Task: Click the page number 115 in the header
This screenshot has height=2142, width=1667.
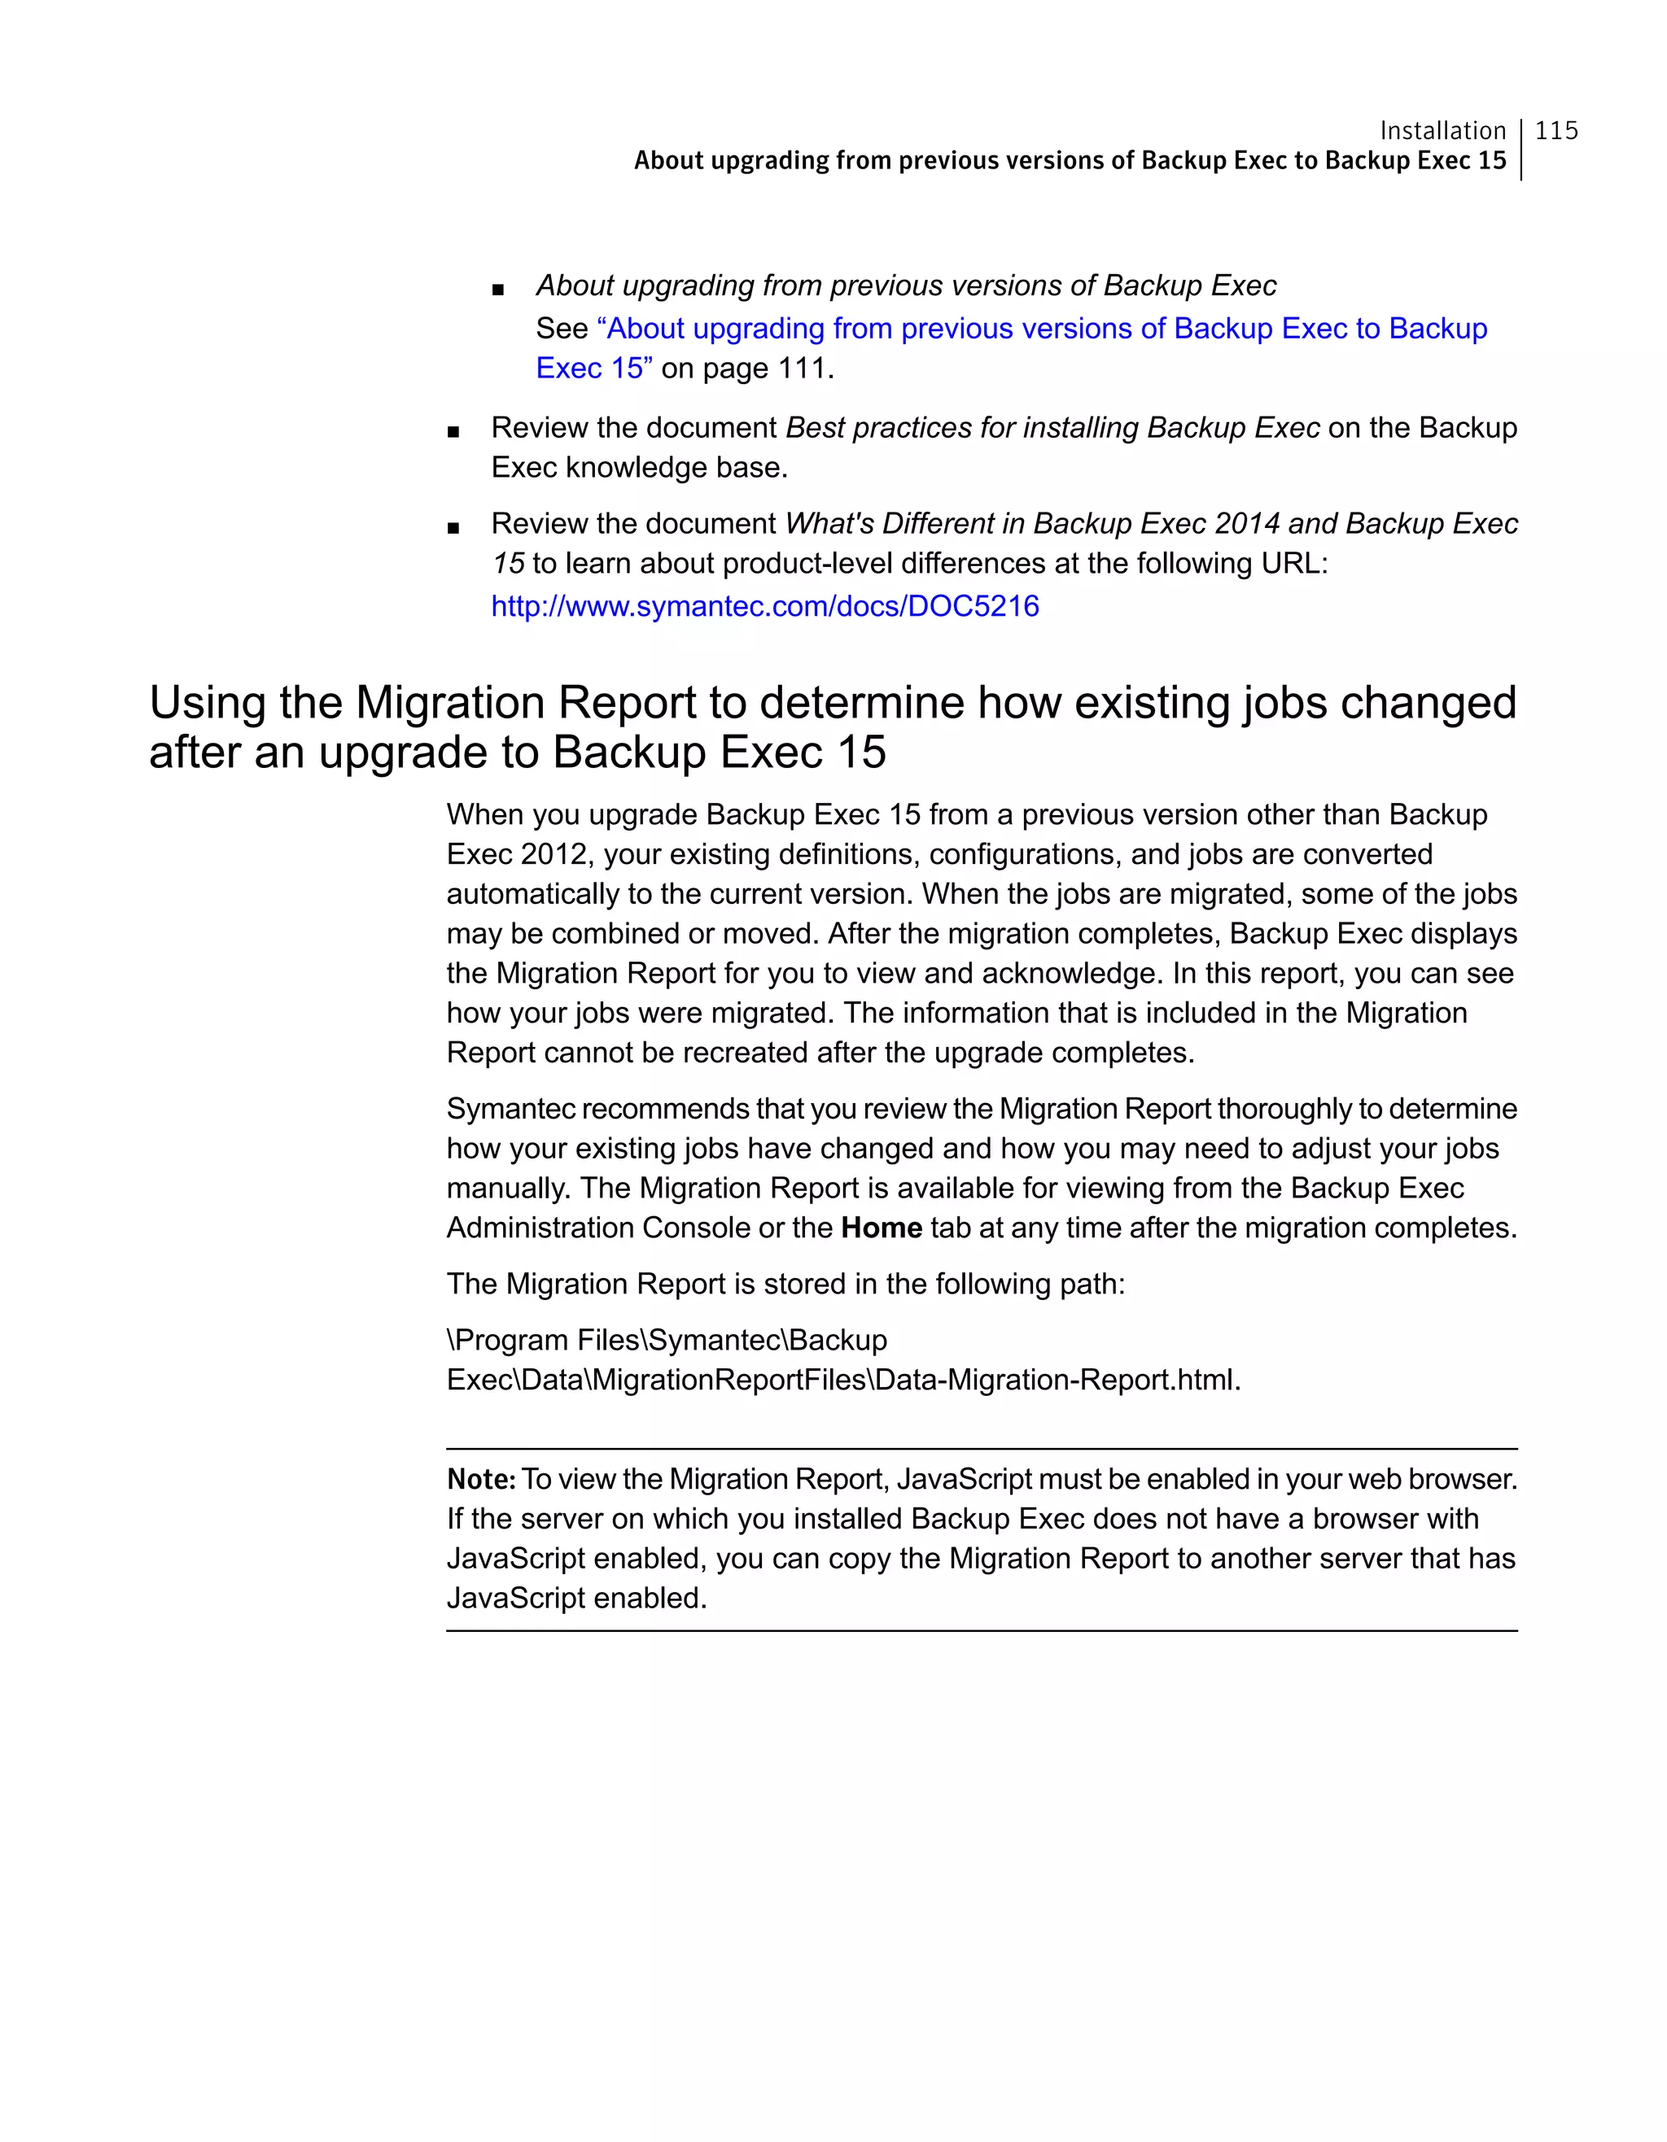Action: tap(1556, 130)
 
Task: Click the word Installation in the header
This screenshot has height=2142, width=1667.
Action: tap(1442, 130)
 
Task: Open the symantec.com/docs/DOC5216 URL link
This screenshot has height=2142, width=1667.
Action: tap(764, 606)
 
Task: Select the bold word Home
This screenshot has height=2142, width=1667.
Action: tap(881, 1228)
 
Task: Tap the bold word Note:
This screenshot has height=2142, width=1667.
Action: tap(481, 1479)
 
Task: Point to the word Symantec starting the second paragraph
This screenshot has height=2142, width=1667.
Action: tap(510, 1110)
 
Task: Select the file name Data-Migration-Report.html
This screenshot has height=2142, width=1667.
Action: tap(1057, 1380)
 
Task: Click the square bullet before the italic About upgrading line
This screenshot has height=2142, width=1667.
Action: tap(498, 290)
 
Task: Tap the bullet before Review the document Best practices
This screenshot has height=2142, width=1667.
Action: tap(453, 431)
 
